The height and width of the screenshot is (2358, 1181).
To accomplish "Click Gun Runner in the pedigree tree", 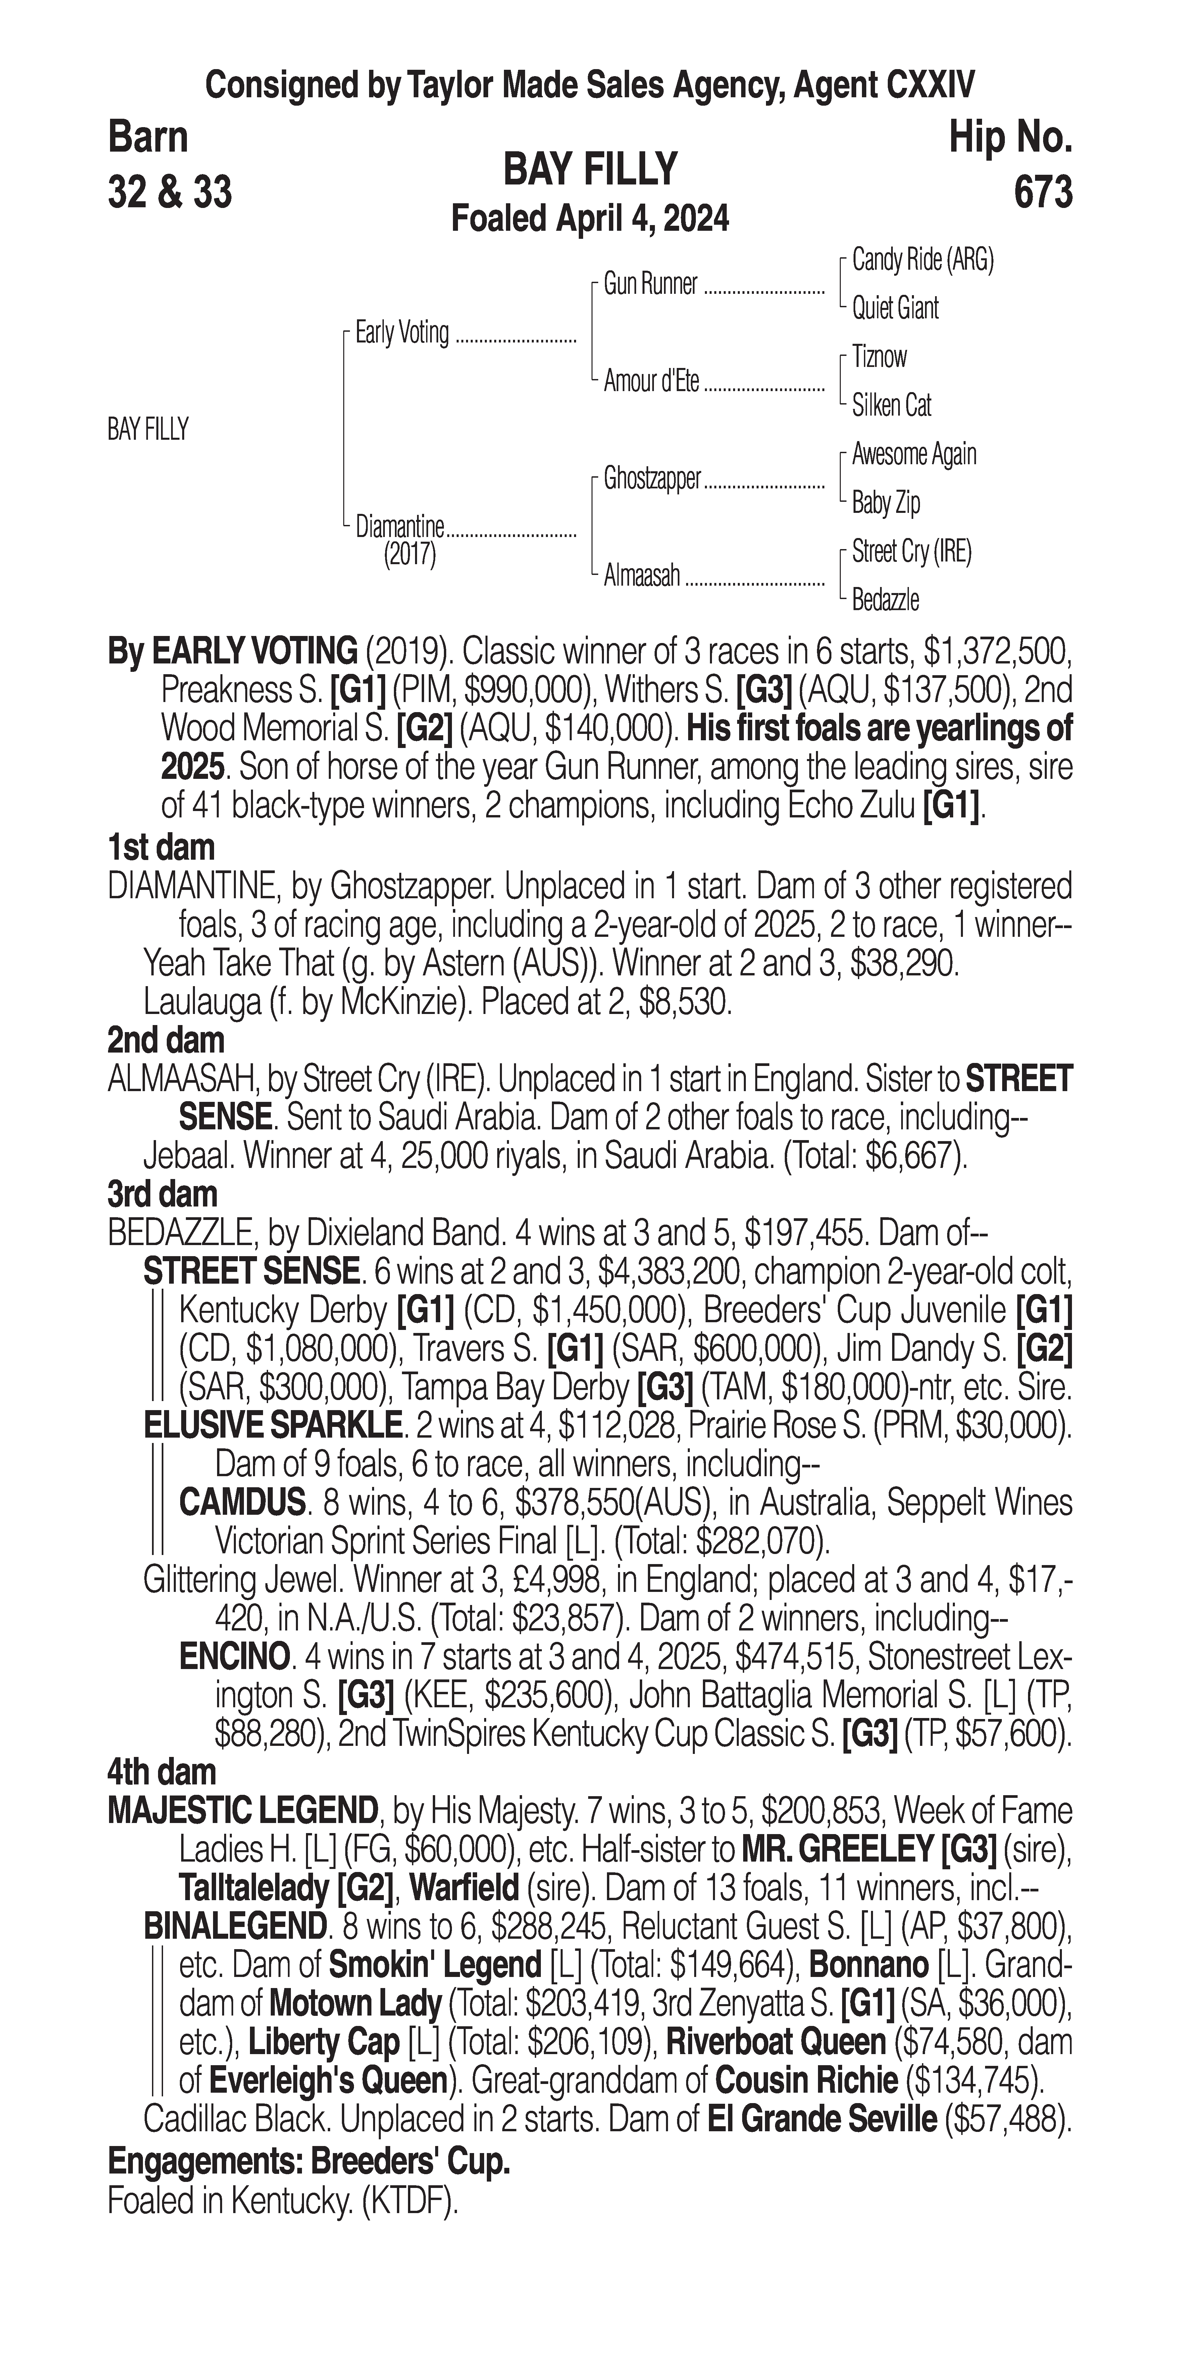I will (650, 285).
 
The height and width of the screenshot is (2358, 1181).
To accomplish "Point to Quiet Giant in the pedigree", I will (894, 309).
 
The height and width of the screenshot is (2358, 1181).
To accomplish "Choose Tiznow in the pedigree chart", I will (879, 357).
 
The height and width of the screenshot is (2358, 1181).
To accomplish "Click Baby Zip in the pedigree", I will (885, 502).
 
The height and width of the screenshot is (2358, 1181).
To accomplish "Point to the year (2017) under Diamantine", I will (409, 555).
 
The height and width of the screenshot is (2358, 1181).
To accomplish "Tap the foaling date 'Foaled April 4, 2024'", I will (590, 220).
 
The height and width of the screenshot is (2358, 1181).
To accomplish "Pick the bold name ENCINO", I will (235, 1657).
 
